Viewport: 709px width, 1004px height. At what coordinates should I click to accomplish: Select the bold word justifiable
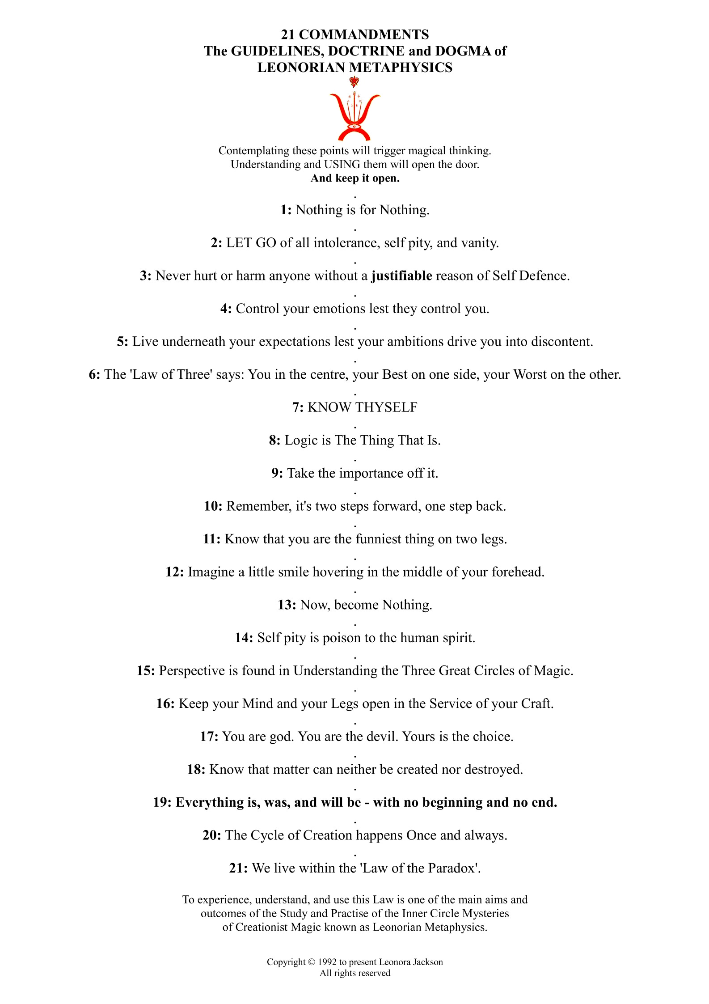tap(401, 275)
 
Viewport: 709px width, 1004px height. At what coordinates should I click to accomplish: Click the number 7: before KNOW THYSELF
tap(298, 407)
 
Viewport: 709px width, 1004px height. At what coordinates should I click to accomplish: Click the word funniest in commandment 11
tap(378, 539)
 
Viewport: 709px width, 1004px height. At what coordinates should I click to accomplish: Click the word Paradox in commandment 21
tap(453, 868)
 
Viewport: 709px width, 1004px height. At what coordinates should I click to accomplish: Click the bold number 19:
tap(162, 802)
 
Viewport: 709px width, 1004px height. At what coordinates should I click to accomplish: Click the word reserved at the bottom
tap(371, 973)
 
